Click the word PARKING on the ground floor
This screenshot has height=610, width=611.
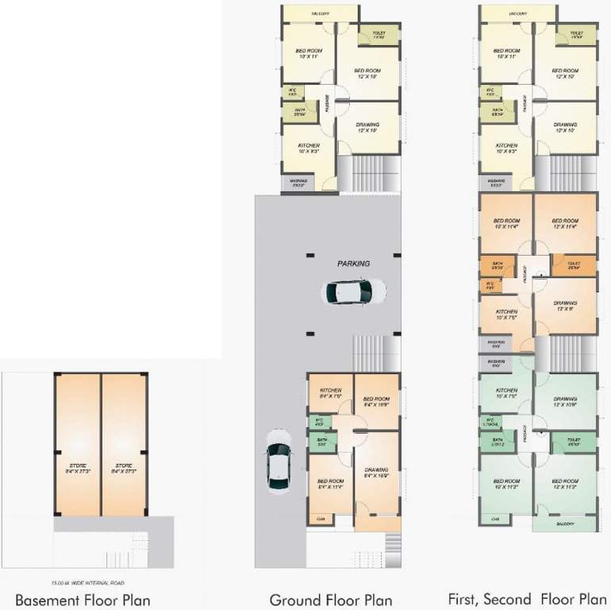tap(353, 263)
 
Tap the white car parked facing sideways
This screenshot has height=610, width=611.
tap(353, 291)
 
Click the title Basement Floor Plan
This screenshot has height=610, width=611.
tap(83, 600)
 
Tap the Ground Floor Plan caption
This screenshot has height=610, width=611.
tap(331, 600)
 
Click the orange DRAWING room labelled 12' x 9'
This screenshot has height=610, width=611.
tap(565, 304)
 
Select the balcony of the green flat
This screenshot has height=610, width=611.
tap(564, 523)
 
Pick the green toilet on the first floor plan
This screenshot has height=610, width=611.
tap(573, 442)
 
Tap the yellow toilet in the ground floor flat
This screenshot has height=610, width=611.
tap(379, 35)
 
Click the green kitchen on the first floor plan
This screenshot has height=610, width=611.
tap(506, 393)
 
